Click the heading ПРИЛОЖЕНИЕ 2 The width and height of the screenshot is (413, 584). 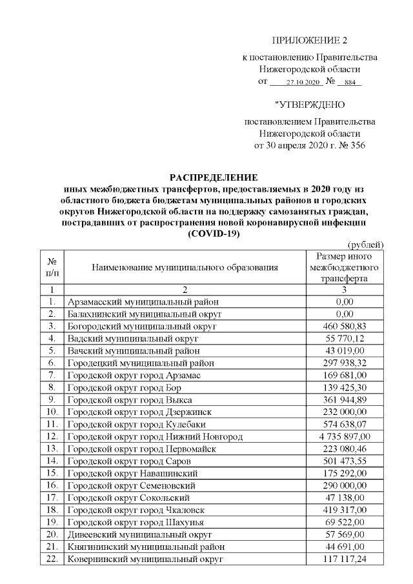pyautogui.click(x=309, y=40)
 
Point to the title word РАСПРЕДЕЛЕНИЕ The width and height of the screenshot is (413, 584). pyautogui.click(x=213, y=177)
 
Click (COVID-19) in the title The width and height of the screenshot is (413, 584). pyautogui.click(x=213, y=234)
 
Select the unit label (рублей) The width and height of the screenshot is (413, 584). pyautogui.click(x=366, y=244)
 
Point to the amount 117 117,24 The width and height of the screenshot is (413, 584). pyautogui.click(x=345, y=559)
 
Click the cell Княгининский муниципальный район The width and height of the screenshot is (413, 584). pyautogui.click(x=141, y=547)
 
